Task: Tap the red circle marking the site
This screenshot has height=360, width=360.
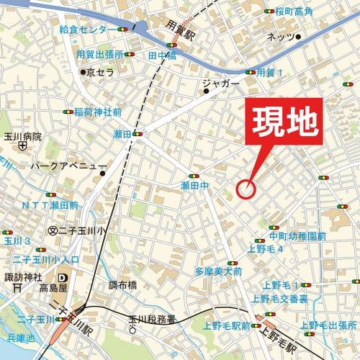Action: pyautogui.click(x=246, y=189)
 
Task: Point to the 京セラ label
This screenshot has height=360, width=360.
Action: pyautogui.click(x=100, y=72)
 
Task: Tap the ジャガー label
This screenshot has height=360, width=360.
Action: pyautogui.click(x=220, y=84)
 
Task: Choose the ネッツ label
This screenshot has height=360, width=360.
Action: pyautogui.click(x=281, y=37)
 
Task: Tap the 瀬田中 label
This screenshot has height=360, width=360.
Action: pyautogui.click(x=194, y=186)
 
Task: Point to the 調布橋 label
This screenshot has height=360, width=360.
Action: pyautogui.click(x=123, y=284)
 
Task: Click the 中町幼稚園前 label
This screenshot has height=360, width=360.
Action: pyautogui.click(x=298, y=236)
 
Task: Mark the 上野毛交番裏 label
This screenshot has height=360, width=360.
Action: pyautogui.click(x=280, y=298)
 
